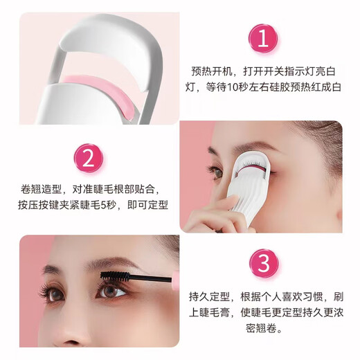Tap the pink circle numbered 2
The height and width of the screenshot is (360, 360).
point(88,159)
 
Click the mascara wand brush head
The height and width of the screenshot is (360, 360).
point(115,275)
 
